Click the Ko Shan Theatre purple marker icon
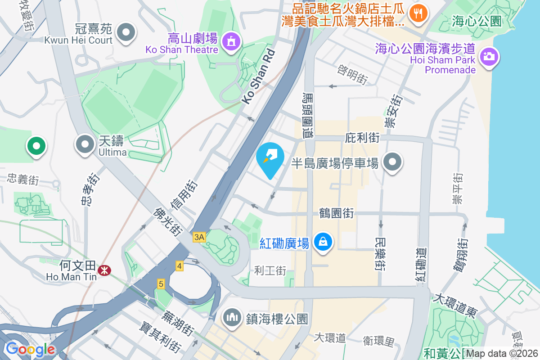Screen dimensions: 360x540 [x=232, y=41]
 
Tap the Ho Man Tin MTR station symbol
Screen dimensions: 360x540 [x=105, y=270]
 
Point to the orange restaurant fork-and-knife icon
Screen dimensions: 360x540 [x=418, y=12]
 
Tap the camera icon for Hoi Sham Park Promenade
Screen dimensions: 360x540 [x=488, y=57]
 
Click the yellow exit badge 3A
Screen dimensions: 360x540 [x=199, y=237]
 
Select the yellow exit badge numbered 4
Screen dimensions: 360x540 [x=180, y=266]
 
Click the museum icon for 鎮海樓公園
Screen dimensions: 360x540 [x=232, y=317]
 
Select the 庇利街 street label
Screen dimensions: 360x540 [x=363, y=138]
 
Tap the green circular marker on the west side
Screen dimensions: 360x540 [x=36, y=146]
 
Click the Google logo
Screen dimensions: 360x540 [x=30, y=349]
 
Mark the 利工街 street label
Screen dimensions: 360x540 [x=270, y=270]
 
